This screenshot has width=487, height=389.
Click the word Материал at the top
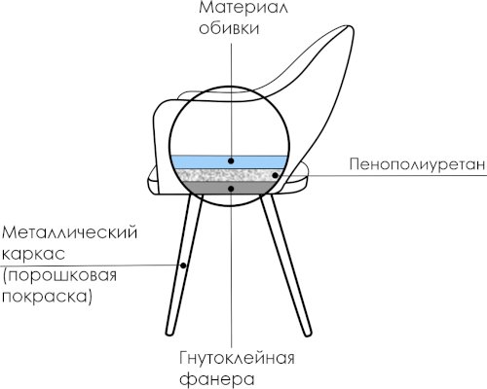[243, 8]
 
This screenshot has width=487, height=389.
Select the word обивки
[229, 28]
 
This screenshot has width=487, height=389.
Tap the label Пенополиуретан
[418, 164]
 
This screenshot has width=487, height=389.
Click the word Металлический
[69, 233]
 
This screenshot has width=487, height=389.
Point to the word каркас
[34, 254]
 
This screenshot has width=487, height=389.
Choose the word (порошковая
[59, 276]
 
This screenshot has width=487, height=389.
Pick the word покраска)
[47, 297]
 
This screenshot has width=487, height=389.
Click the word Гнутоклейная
[237, 359]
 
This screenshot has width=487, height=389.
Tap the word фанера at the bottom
[217, 379]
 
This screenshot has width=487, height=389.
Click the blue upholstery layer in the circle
[229, 161]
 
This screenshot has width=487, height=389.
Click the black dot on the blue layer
[231, 160]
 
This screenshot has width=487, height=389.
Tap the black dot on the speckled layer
[275, 175]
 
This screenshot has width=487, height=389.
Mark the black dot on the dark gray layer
[231, 189]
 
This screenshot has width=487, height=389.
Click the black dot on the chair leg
[183, 265]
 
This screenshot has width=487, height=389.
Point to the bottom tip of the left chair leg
[170, 335]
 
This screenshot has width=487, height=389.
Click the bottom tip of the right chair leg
[307, 335]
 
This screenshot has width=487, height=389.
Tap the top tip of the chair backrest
[350, 26]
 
